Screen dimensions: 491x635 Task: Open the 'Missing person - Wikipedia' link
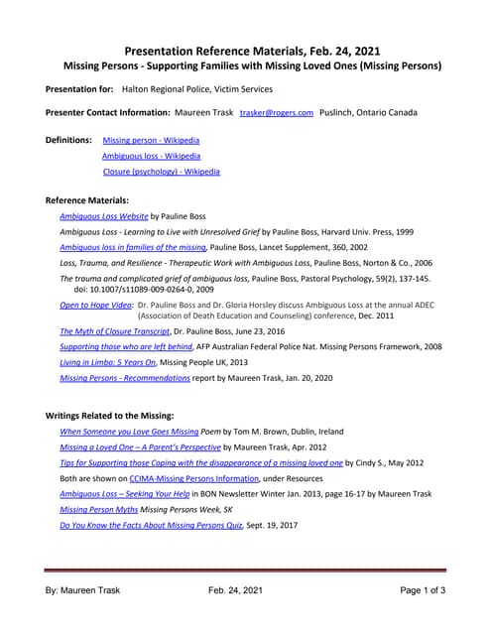click(144, 141)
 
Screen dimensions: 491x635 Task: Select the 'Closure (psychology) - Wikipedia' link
click(161, 172)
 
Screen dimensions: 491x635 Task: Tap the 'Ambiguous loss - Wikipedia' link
click(151, 156)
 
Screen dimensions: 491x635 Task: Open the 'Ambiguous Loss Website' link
click(104, 215)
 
